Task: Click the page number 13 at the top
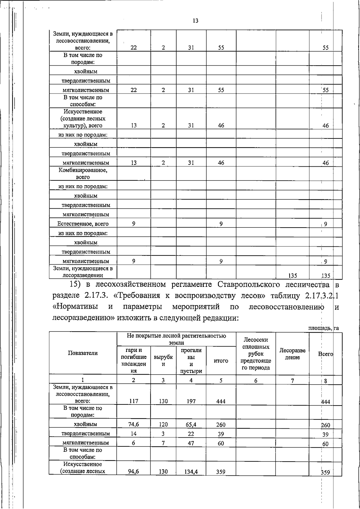pyautogui.click(x=195, y=21)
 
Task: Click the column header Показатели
pyautogui.click(x=83, y=353)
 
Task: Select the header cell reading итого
pyautogui.click(x=221, y=361)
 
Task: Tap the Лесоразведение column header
pyautogui.click(x=292, y=354)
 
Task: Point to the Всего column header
pyautogui.click(x=325, y=354)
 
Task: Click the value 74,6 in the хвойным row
pyautogui.click(x=134, y=424)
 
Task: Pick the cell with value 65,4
pyautogui.click(x=191, y=424)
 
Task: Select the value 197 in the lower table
pyautogui.click(x=191, y=401)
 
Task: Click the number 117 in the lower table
pyautogui.click(x=134, y=401)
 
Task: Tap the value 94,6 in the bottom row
pyautogui.click(x=134, y=472)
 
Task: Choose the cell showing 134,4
pyautogui.click(x=191, y=472)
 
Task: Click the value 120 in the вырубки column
pyautogui.click(x=163, y=424)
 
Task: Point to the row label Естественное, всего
pyautogui.click(x=83, y=224)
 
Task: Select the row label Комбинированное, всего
pyautogui.click(x=83, y=174)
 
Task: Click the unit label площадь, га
pyautogui.click(x=323, y=328)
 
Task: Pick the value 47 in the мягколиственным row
pyautogui.click(x=191, y=443)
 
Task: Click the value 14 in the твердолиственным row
pyautogui.click(x=134, y=434)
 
